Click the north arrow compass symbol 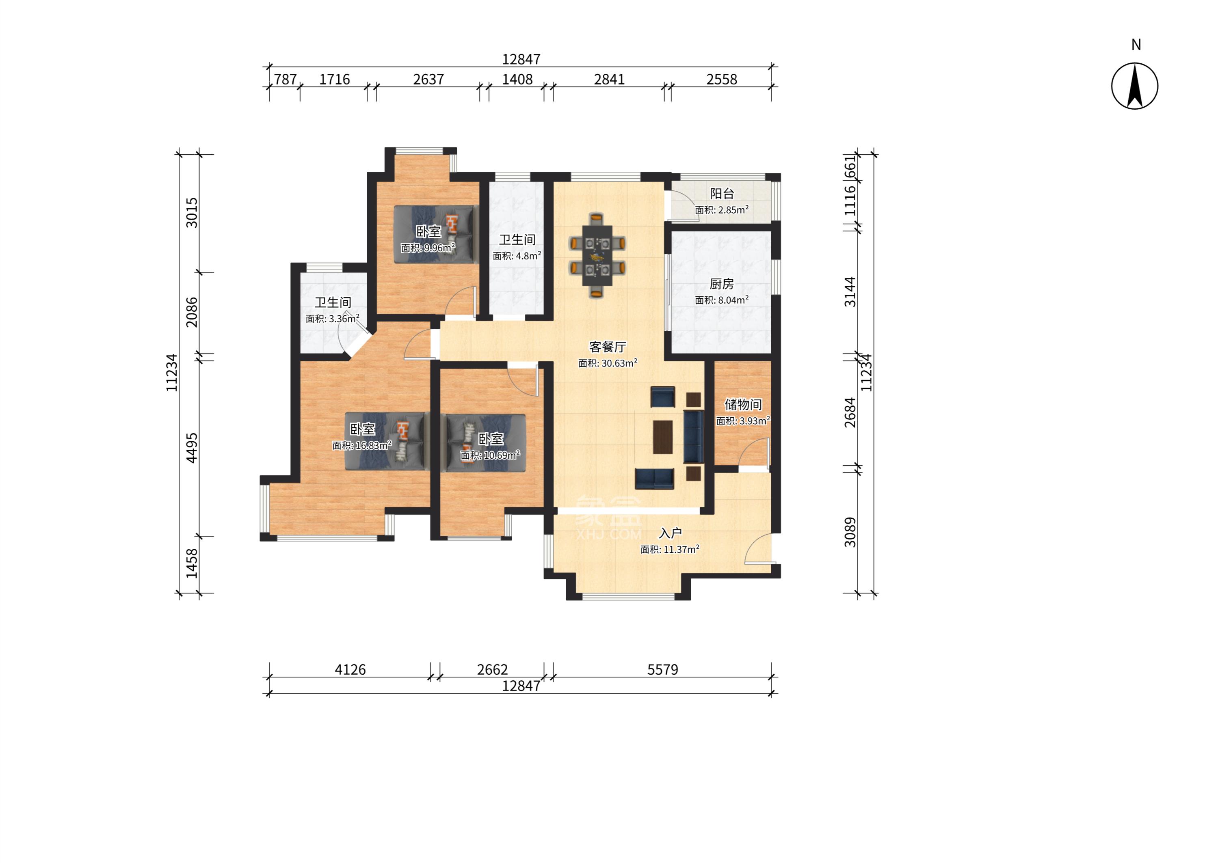click(x=1134, y=86)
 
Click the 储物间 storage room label click(x=743, y=405)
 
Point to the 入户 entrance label click(x=670, y=533)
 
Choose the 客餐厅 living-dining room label click(x=607, y=347)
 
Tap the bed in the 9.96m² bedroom click(x=433, y=234)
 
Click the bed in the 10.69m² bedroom click(x=486, y=442)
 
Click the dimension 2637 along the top click(x=428, y=80)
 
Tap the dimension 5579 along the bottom click(x=662, y=669)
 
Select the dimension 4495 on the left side click(x=191, y=448)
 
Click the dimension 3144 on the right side click(x=850, y=292)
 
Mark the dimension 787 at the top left click(x=285, y=80)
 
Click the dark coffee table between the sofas click(x=662, y=437)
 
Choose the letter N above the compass click(x=1136, y=45)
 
